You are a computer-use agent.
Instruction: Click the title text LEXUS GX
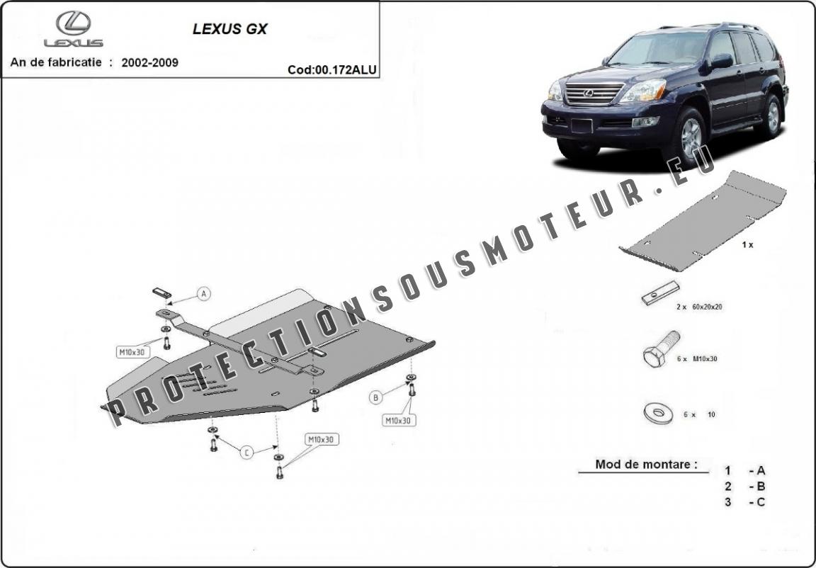coord(230,29)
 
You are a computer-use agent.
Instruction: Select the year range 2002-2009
coord(150,62)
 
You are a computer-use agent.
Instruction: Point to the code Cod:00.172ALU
coord(332,70)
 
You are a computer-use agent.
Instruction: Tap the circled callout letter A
coord(204,294)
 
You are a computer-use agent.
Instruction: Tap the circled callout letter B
coord(375,398)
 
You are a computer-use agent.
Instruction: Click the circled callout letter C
coord(246,453)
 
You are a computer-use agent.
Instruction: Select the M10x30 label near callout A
coord(132,352)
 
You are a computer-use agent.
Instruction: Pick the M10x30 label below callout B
coord(399,420)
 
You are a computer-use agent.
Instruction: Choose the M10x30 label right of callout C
coord(321,440)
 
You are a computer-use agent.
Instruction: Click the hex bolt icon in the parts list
coord(660,349)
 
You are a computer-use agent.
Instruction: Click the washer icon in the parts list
coord(658,413)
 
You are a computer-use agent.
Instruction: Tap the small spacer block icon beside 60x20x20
coord(660,292)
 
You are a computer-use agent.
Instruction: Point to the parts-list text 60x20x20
coord(707,307)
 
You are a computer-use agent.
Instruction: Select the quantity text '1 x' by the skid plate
coord(747,244)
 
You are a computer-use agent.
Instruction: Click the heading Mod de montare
coord(646,464)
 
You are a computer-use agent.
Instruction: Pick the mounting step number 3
coord(727,502)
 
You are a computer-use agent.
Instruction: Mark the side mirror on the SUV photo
coord(721,62)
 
